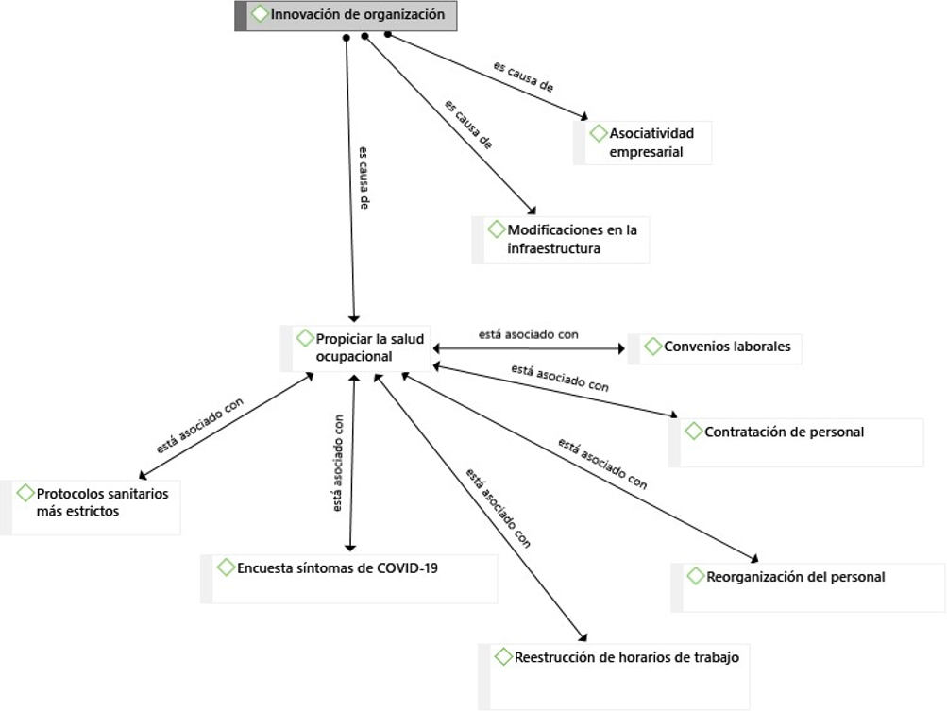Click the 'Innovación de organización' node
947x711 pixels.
pyautogui.click(x=356, y=15)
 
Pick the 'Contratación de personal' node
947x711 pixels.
pyautogui.click(x=784, y=432)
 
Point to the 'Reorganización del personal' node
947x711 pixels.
pyautogui.click(x=795, y=576)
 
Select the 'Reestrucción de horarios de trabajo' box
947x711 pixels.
pyautogui.click(x=625, y=657)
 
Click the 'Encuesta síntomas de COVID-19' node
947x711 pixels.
pyautogui.click(x=336, y=568)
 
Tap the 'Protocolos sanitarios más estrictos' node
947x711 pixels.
pyautogui.click(x=102, y=502)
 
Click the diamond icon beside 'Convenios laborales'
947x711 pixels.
pyautogui.click(x=653, y=347)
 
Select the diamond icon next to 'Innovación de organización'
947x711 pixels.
pyautogui.click(x=260, y=14)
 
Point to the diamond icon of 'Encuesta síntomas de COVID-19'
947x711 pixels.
pyautogui.click(x=226, y=567)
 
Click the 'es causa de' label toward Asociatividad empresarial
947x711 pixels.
pyautogui.click(x=523, y=77)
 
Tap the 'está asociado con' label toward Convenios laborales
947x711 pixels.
pyautogui.click(x=528, y=334)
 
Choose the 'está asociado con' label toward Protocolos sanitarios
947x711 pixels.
pyautogui.click(x=200, y=424)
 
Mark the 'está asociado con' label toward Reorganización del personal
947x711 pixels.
pyautogui.click(x=602, y=464)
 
